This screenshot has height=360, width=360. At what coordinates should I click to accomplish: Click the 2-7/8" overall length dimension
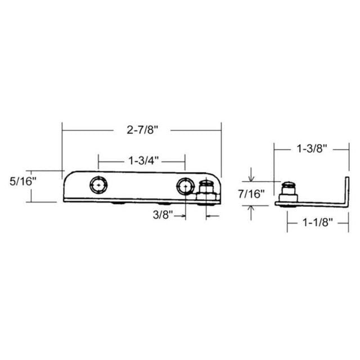(x=142, y=130)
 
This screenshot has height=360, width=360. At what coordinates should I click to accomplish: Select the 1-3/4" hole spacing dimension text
(x=142, y=161)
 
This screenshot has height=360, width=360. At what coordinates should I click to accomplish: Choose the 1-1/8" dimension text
(x=318, y=222)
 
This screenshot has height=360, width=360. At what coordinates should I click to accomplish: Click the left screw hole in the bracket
(x=99, y=184)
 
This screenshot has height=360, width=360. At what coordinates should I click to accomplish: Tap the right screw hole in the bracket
(x=184, y=185)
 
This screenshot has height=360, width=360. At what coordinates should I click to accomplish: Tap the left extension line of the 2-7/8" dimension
(x=62, y=149)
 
